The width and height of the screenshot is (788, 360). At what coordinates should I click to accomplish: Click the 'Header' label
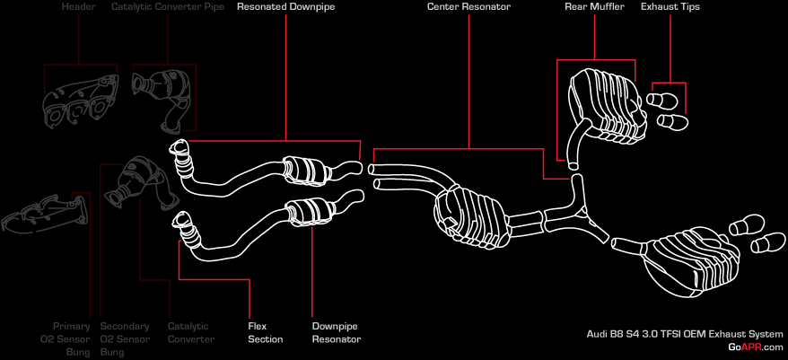(x=78, y=7)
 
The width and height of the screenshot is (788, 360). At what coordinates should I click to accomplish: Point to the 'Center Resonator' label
(x=469, y=7)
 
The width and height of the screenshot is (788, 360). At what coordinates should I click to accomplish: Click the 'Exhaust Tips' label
(x=670, y=7)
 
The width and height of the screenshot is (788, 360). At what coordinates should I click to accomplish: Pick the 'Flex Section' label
(x=265, y=332)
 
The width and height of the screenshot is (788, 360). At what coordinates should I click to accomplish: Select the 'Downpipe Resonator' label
(x=337, y=332)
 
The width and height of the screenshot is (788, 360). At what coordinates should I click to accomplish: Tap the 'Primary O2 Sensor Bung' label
(x=72, y=338)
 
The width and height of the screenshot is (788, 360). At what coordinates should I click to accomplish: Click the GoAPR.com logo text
(x=756, y=347)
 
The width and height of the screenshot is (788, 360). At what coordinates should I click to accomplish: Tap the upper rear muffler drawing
(x=602, y=99)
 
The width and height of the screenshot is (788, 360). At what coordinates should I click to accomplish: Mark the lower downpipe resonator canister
(x=311, y=212)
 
